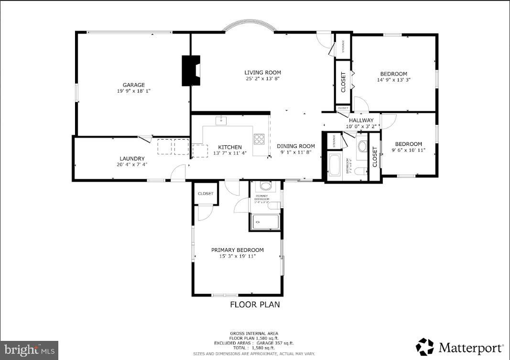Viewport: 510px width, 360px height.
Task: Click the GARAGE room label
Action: (x=133, y=85)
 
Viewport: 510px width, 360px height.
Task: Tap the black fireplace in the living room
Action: (x=190, y=71)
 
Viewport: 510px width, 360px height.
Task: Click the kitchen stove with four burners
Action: (x=260, y=139)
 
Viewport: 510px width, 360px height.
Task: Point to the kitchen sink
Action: (x=221, y=120)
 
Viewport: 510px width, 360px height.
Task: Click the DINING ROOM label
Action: (x=296, y=146)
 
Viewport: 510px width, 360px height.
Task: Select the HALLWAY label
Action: (x=361, y=120)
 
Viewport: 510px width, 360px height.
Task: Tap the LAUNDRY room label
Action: (x=132, y=159)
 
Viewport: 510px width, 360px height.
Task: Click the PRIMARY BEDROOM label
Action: (x=238, y=250)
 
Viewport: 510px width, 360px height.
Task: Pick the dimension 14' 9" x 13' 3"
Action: (x=393, y=80)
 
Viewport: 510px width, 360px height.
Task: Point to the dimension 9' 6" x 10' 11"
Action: (x=408, y=150)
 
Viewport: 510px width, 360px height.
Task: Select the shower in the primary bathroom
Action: (x=265, y=222)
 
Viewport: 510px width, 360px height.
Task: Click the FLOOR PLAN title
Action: (x=255, y=305)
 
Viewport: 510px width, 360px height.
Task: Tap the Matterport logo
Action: (x=459, y=347)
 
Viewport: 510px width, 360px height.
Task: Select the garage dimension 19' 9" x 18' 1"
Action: (x=133, y=91)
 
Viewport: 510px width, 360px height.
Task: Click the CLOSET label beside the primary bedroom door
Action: (x=206, y=194)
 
